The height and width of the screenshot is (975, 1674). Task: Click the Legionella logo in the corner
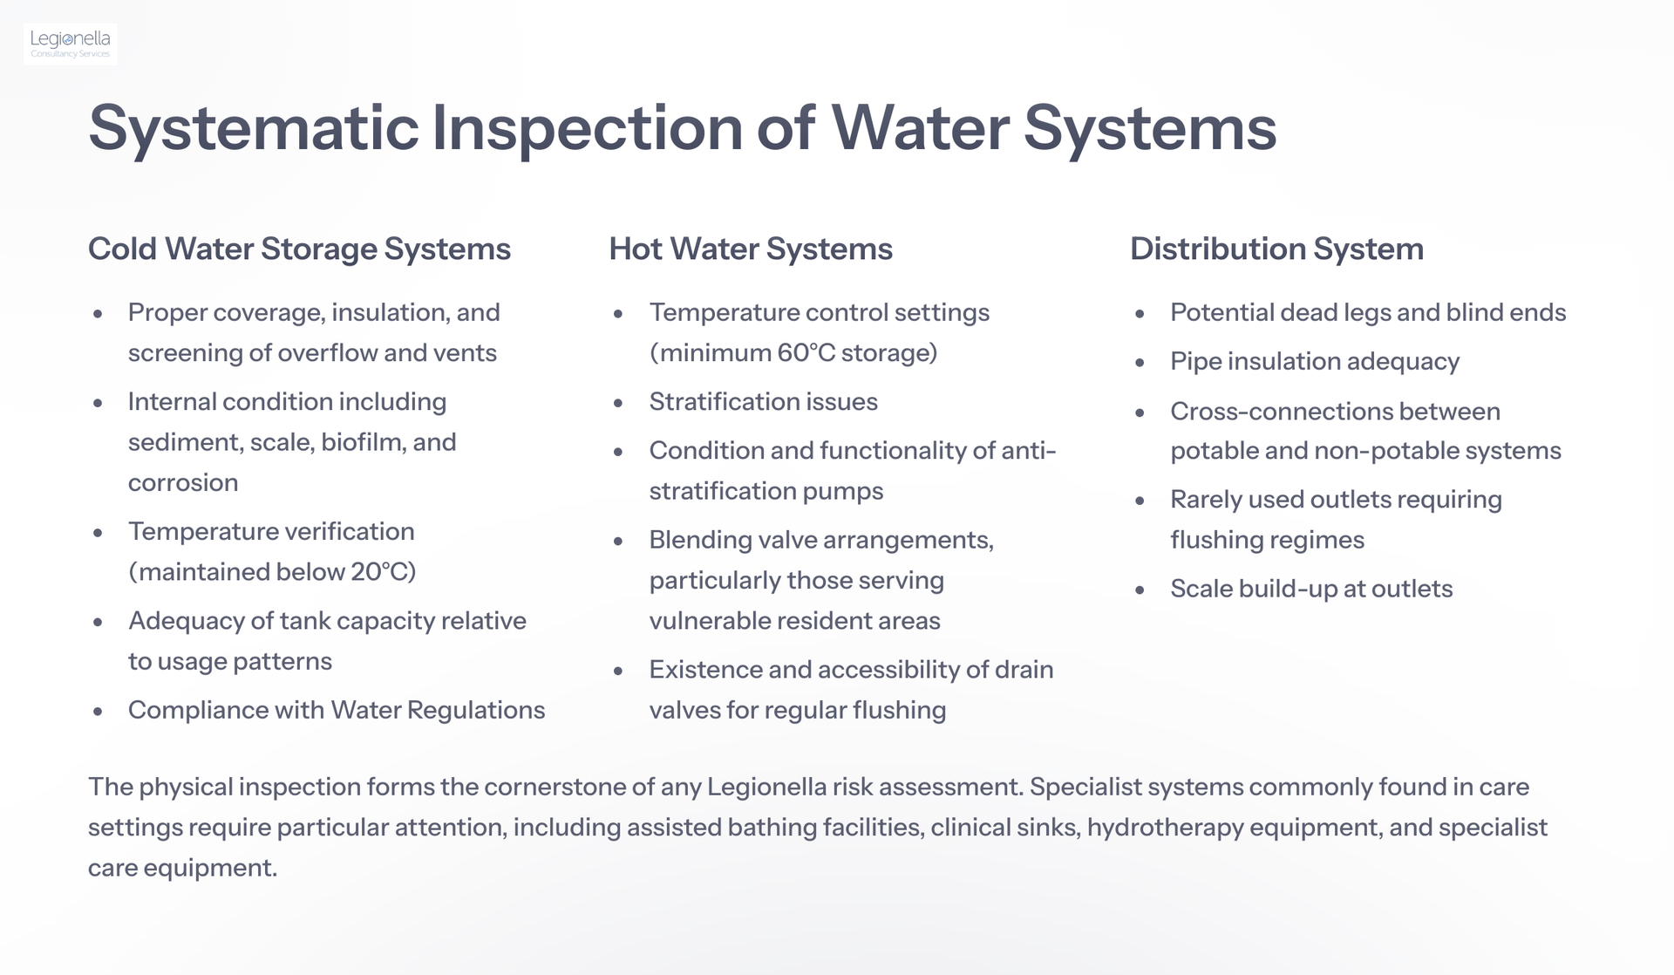pyautogui.click(x=71, y=44)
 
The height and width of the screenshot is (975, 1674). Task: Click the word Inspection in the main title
pyautogui.click(x=587, y=130)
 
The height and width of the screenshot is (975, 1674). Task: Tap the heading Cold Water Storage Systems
pyautogui.click(x=299, y=249)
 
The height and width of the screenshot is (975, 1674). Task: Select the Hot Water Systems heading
pyautogui.click(x=751, y=249)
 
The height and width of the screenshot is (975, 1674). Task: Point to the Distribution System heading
pyautogui.click(x=1276, y=249)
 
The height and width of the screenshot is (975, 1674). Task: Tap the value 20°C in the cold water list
pyautogui.click(x=378, y=572)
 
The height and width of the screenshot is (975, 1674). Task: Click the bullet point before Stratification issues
pyautogui.click(x=618, y=404)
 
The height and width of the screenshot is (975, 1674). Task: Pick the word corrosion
pyautogui.click(x=183, y=484)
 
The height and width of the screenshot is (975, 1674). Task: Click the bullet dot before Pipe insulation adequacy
pyautogui.click(x=1140, y=363)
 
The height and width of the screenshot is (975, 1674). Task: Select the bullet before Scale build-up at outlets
pyautogui.click(x=1140, y=590)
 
